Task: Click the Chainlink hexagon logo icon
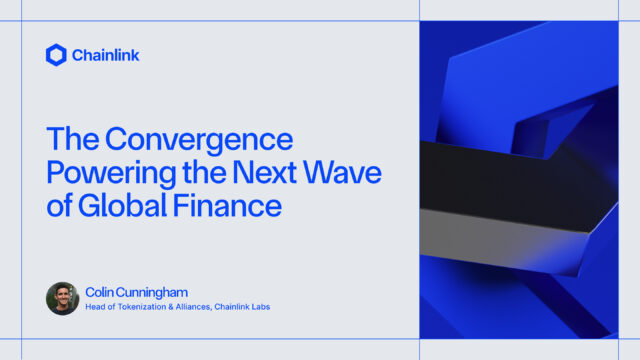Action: tap(56, 55)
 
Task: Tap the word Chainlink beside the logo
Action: tap(105, 56)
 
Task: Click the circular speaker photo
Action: tap(62, 298)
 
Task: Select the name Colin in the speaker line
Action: tap(99, 292)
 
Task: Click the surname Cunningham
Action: tap(152, 292)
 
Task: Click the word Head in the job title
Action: tap(96, 307)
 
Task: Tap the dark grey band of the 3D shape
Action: tap(500, 175)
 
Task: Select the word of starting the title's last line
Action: tap(59, 208)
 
